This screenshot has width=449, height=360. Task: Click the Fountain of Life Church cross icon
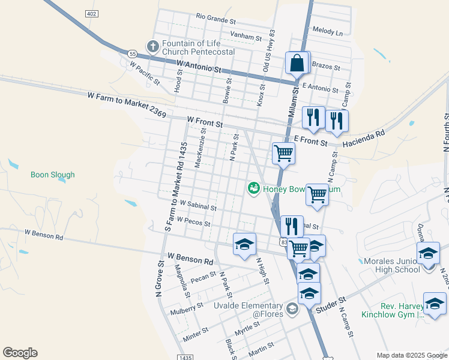(x=152, y=46)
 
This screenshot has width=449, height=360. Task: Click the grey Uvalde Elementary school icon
(x=292, y=309)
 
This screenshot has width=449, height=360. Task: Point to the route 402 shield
(x=91, y=13)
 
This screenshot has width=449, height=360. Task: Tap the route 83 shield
(x=283, y=241)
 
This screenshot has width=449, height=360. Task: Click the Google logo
(x=20, y=353)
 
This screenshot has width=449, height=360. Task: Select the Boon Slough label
(x=53, y=175)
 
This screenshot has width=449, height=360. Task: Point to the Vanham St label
(x=246, y=37)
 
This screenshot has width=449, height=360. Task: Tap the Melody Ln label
(x=328, y=31)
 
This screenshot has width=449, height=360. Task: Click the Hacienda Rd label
(x=363, y=140)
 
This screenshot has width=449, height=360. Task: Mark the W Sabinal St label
(x=197, y=207)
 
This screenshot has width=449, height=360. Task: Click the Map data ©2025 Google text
(x=411, y=355)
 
